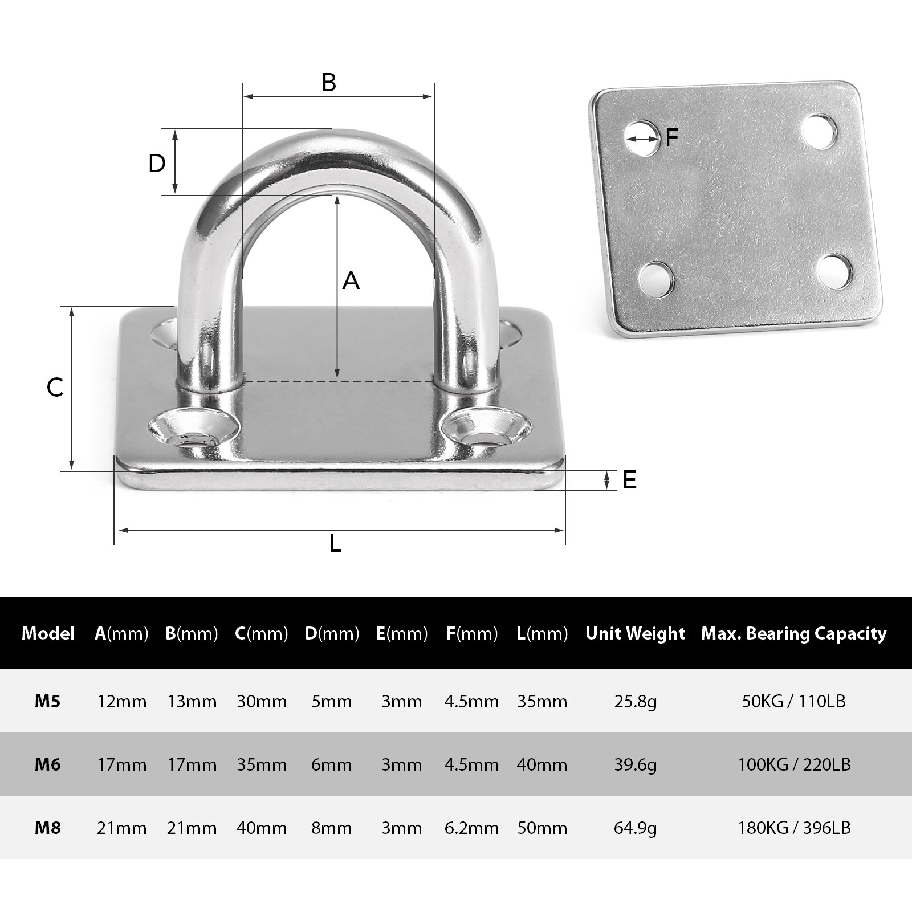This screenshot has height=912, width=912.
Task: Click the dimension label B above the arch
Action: coord(329,83)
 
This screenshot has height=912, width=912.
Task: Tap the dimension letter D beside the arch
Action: coord(157,164)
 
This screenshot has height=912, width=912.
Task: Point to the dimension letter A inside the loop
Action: coord(351,280)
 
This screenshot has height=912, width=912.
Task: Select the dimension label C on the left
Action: coord(55,388)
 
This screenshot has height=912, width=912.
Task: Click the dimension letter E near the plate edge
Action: coord(629,480)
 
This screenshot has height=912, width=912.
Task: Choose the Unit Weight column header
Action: coord(635,633)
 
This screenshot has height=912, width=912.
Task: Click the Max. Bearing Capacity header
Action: coord(793,633)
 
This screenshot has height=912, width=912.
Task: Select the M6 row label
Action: coord(48,764)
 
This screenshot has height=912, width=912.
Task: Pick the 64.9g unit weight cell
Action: coord(635,828)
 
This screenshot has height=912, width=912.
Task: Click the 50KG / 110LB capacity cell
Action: coord(793,701)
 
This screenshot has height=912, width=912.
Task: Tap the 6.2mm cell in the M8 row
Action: coord(471,828)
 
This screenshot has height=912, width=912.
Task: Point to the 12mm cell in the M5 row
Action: coord(121,701)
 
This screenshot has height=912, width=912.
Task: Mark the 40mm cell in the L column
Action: coord(542,764)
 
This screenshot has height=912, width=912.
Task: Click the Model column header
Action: coord(48,633)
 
